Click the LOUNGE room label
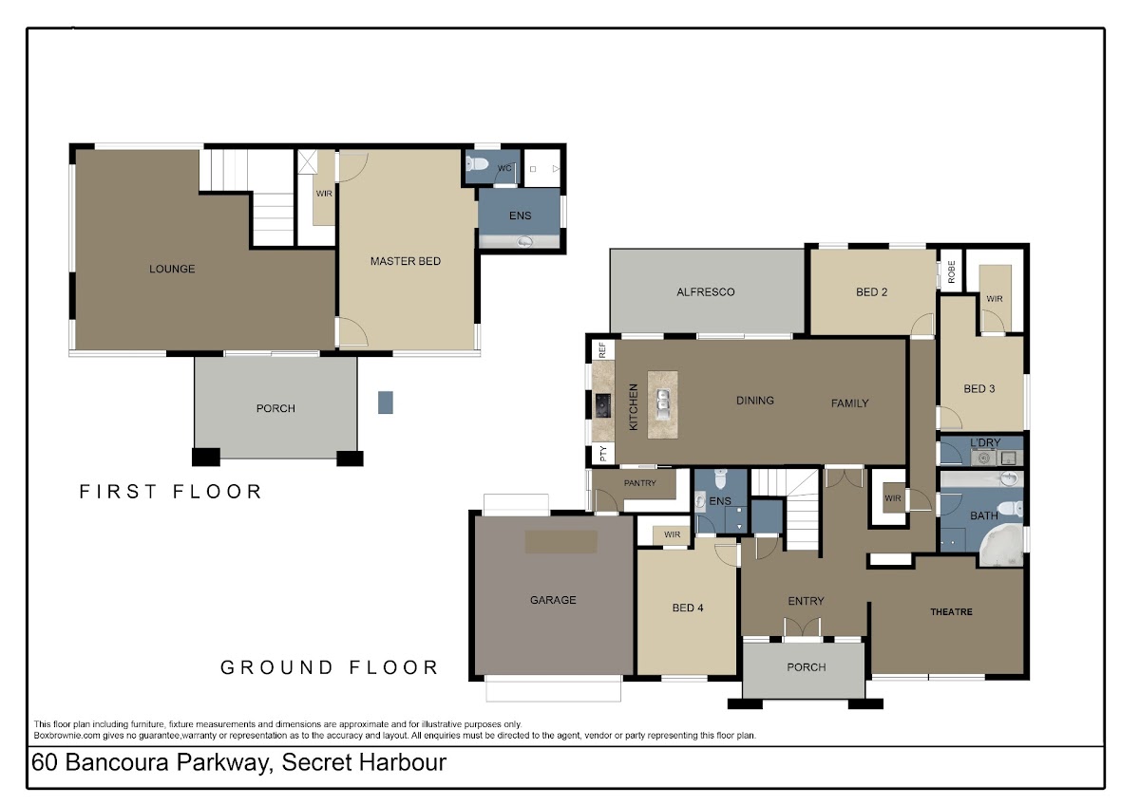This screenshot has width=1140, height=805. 172,269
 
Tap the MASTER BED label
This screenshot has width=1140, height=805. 406,261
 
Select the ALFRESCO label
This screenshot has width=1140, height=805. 705,291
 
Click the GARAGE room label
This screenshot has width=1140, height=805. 553,600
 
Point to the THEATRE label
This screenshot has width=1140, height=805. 951,611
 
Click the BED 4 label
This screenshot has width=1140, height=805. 688,608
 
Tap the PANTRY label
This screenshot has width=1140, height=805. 639,483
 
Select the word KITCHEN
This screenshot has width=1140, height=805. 633,407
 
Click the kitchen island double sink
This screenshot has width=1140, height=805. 663,404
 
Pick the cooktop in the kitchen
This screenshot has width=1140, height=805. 603,405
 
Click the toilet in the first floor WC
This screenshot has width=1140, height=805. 477,163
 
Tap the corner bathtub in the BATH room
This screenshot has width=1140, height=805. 1001,545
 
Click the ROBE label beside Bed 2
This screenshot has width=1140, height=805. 951,271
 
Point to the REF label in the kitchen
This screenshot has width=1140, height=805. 602,350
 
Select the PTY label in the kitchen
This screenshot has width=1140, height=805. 603,453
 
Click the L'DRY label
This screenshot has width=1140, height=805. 985,442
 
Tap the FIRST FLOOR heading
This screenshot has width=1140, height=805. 170,492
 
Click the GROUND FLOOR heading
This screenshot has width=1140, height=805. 330,667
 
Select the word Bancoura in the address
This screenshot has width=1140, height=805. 117,762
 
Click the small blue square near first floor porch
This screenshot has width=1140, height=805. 386,402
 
